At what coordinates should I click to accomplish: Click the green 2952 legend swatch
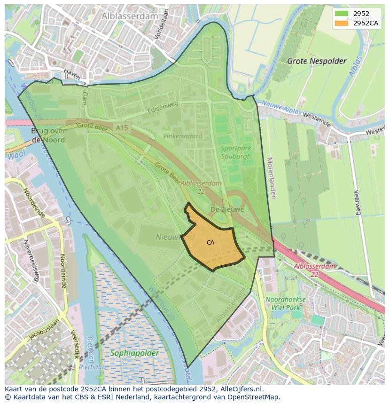click(342, 14)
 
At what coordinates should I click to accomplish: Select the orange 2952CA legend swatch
click(342, 23)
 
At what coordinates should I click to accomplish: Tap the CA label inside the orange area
click(210, 243)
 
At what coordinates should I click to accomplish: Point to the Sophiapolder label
click(134, 353)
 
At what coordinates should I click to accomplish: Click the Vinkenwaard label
click(182, 136)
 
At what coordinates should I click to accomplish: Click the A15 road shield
click(121, 127)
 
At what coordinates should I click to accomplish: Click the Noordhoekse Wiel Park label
click(285, 303)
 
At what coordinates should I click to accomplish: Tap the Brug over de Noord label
click(48, 135)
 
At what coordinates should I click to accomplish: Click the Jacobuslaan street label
click(43, 329)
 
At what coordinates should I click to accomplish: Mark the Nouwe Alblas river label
click(281, 108)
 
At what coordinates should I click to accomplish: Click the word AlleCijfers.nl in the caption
click(241, 389)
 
